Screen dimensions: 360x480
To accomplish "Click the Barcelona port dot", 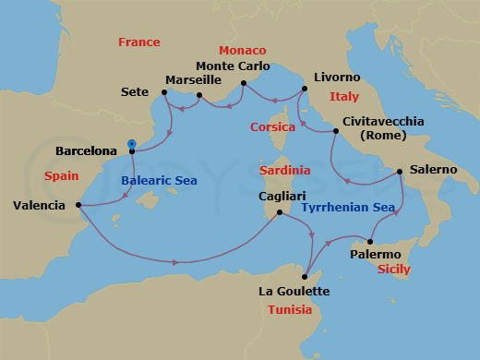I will tap(132, 151).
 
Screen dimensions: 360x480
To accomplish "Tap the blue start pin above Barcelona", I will tap(132, 143).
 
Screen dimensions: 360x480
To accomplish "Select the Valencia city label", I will tap(39, 206).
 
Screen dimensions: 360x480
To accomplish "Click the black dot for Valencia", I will tap(78, 205).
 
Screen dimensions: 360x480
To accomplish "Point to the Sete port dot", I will tap(163, 91).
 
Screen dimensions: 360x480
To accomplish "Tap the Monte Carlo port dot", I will tap(243, 83).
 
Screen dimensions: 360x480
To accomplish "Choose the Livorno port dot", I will tap(304, 90).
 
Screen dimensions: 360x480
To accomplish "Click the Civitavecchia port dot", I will tap(335, 131).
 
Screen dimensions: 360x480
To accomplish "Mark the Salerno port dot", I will tap(399, 171).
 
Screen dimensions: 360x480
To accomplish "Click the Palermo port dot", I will tap(369, 241).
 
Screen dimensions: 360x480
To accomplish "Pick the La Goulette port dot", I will tap(304, 276).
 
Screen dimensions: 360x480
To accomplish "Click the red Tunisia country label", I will tap(295, 309).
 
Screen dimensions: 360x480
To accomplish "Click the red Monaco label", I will tap(243, 50).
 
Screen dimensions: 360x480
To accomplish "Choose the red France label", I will tap(138, 42).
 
